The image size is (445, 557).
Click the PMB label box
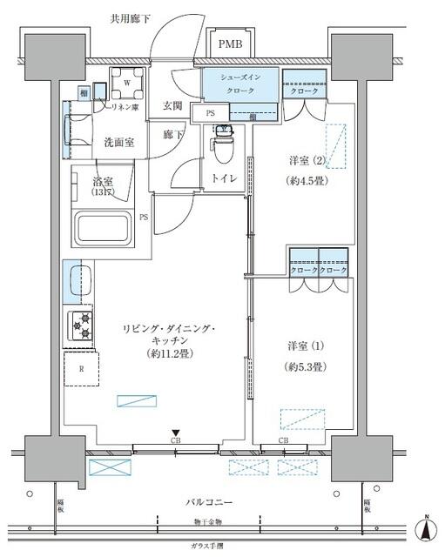pyautogui.click(x=231, y=44)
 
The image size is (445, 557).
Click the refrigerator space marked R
pyautogui.click(x=81, y=368)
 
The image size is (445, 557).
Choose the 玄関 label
pyautogui.click(x=172, y=106)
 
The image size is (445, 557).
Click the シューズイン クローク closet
pyautogui.click(x=240, y=85)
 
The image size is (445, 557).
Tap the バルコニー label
pyautogui.click(x=209, y=503)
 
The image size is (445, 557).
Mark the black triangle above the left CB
pyautogui.click(x=175, y=433)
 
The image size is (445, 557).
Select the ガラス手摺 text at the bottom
pyautogui.click(x=209, y=546)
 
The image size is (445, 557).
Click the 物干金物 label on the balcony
pyautogui.click(x=209, y=521)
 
